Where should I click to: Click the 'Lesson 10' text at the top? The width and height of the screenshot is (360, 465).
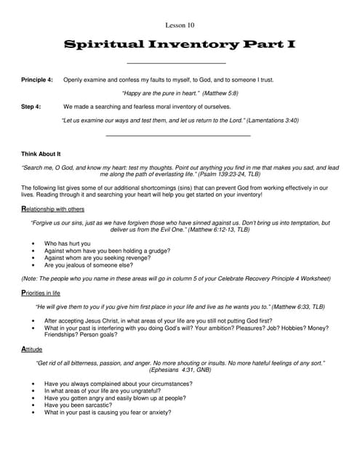coord(180,25)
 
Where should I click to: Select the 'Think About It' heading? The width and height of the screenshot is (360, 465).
coord(41,154)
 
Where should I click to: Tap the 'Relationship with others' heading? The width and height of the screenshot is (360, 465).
coord(52,209)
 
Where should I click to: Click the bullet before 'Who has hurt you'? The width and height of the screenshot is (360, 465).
coord(34,243)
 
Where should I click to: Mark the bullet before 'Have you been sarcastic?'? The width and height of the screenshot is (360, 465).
coord(34,405)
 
